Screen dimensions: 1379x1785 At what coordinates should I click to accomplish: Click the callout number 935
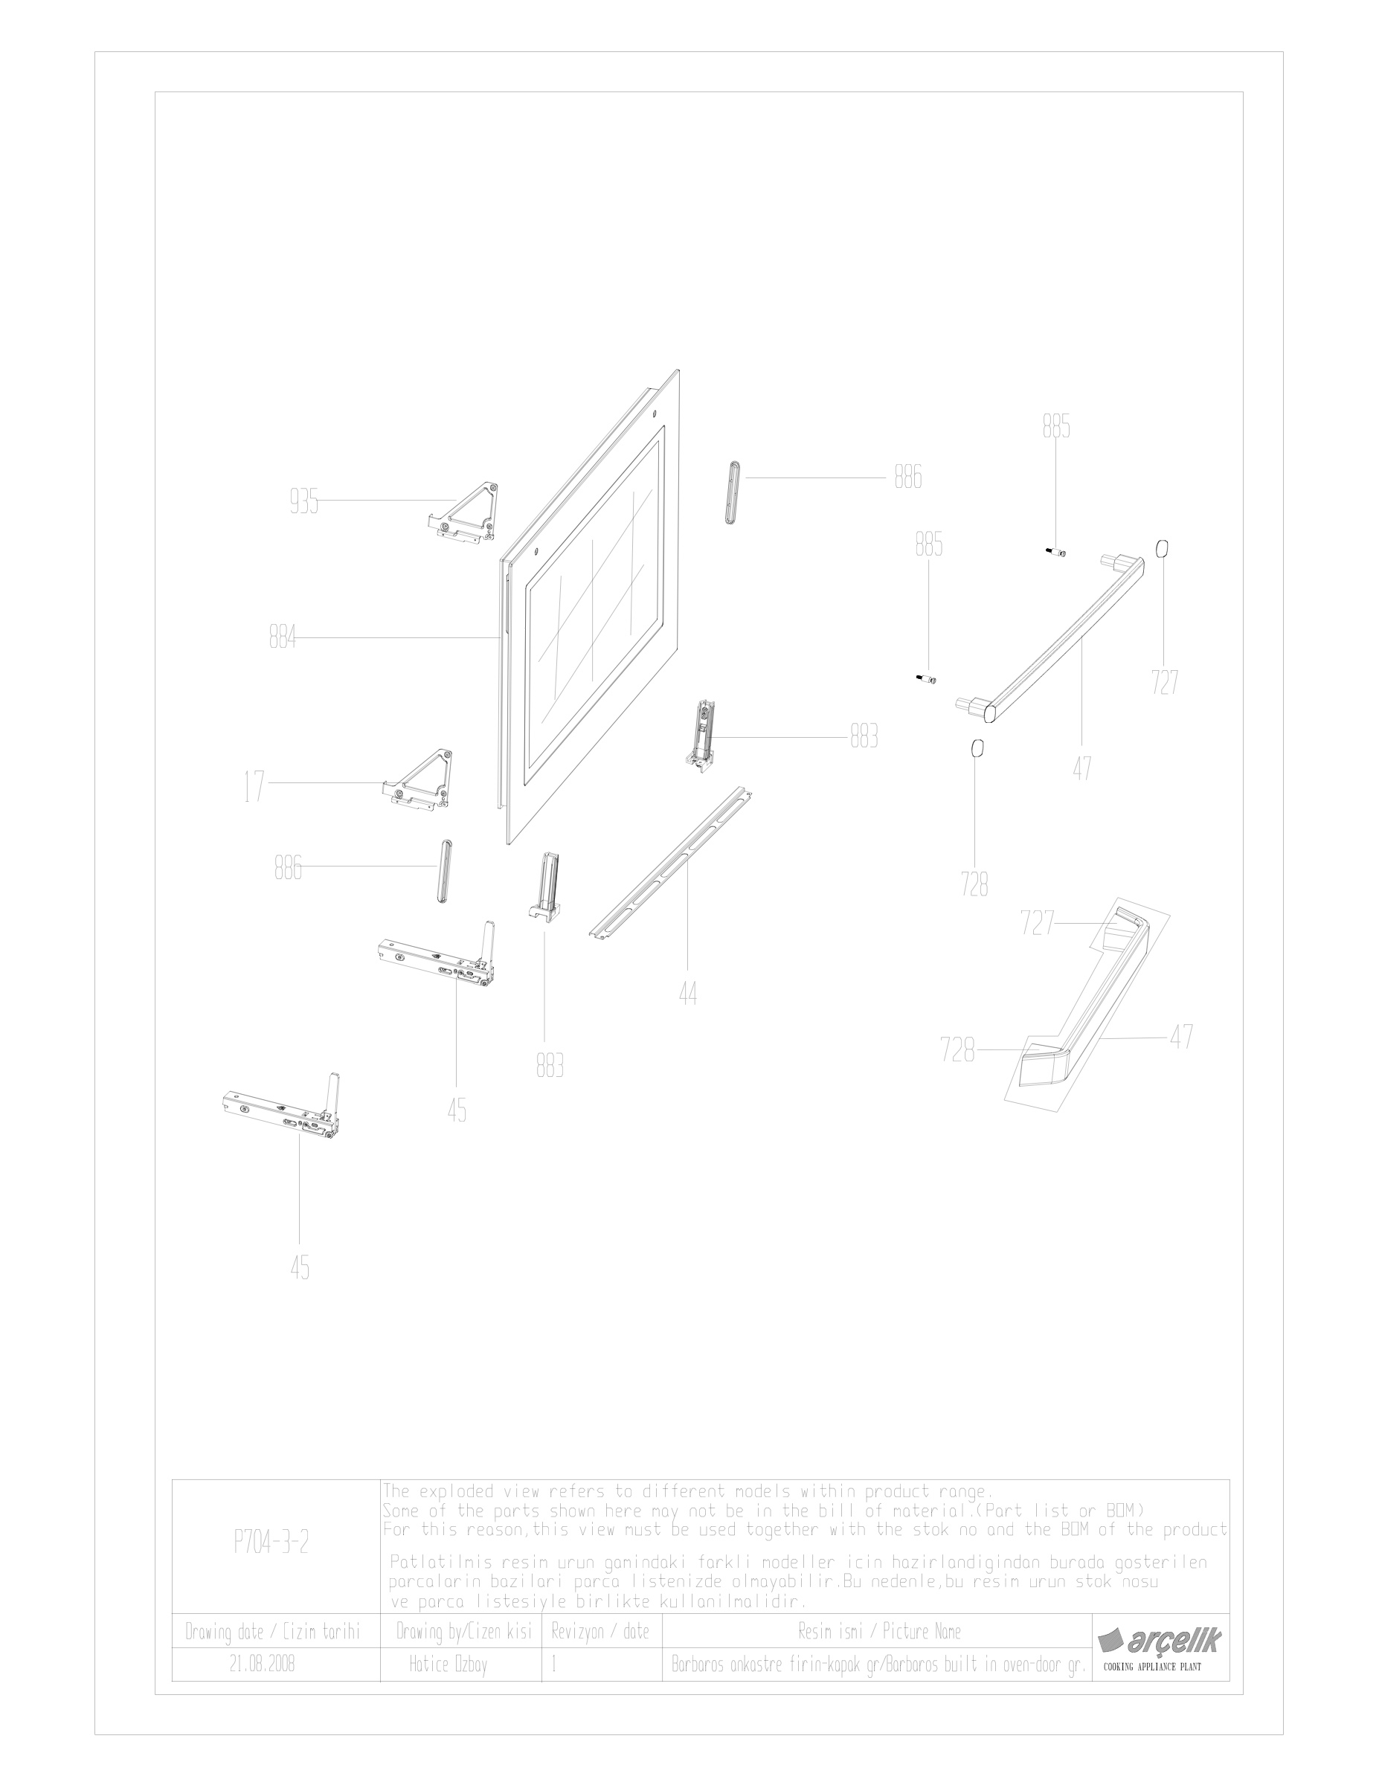pyautogui.click(x=303, y=502)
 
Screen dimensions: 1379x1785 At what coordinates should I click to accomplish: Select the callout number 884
pyautogui.click(x=283, y=637)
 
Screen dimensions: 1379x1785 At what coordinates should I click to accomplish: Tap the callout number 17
pyautogui.click(x=254, y=786)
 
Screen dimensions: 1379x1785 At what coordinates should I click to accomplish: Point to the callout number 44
pyautogui.click(x=687, y=994)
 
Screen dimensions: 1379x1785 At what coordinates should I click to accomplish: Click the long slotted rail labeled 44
pyautogui.click(x=670, y=865)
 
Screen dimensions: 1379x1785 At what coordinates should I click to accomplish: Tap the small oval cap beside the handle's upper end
pyautogui.click(x=1162, y=547)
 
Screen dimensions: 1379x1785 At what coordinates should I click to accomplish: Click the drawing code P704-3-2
pyautogui.click(x=271, y=1543)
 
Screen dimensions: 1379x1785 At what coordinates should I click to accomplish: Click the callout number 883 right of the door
pyautogui.click(x=864, y=737)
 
